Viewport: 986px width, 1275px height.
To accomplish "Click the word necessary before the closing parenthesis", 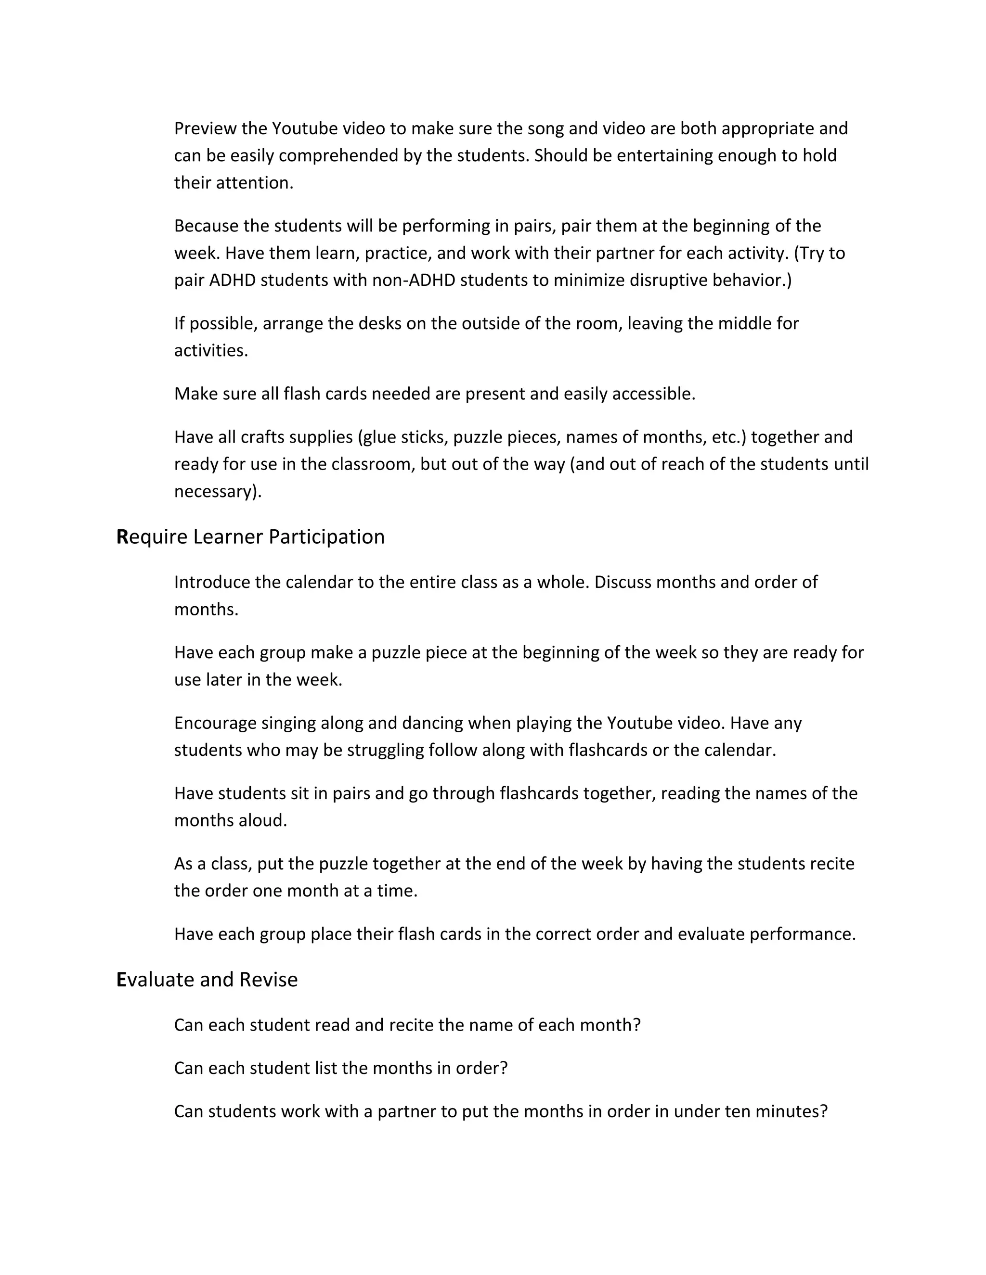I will click(x=214, y=492).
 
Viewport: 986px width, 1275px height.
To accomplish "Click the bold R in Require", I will click(x=122, y=537).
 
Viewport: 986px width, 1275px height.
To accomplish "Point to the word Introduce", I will click(x=211, y=582).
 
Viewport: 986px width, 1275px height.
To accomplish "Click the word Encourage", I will click(x=215, y=723).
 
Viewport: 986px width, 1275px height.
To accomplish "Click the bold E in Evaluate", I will click(x=121, y=980).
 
